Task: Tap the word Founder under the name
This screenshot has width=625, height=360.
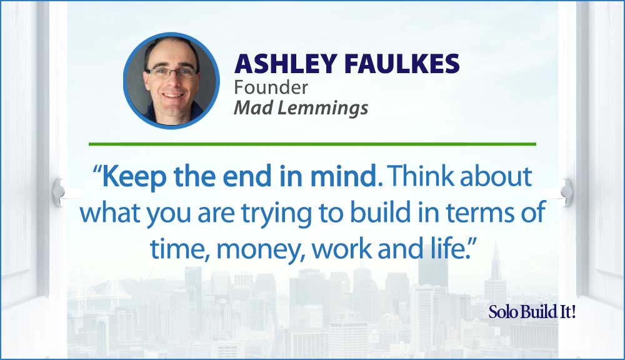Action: [271, 87]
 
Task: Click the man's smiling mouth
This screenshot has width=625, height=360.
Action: [173, 96]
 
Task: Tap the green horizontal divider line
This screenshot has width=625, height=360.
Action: [312, 144]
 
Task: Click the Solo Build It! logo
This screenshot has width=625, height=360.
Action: [532, 312]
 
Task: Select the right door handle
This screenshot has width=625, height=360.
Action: [566, 192]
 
